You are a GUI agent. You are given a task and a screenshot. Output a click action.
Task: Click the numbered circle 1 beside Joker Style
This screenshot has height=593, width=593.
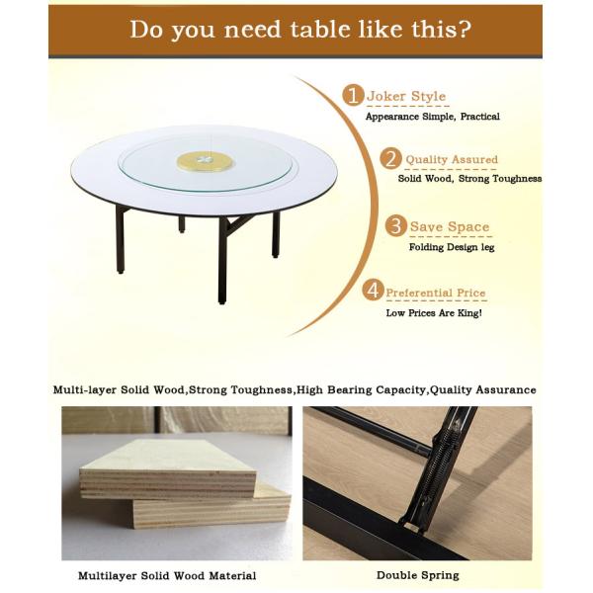coord(354,95)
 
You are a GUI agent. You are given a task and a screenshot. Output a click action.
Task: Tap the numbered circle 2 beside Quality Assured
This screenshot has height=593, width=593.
coord(392,159)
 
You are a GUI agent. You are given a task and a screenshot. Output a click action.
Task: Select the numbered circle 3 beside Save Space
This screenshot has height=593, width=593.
coord(396,226)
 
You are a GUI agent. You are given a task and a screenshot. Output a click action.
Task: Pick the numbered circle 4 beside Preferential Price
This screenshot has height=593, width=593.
coord(373,291)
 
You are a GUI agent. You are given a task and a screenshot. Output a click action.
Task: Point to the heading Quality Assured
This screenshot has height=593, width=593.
coord(451,160)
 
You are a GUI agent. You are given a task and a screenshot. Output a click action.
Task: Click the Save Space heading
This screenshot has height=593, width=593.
coord(450,227)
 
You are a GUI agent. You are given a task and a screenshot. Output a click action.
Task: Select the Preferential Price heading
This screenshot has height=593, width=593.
coord(435,293)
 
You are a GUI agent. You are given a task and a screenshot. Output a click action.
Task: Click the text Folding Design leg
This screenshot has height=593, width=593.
coord(451,247)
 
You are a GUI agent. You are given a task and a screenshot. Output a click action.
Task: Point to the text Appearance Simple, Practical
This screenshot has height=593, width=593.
coord(432,117)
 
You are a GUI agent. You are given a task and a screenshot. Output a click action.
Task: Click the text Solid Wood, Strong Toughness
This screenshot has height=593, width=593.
coord(469,179)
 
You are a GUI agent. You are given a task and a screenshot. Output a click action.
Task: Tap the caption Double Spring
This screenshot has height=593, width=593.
coord(417,574)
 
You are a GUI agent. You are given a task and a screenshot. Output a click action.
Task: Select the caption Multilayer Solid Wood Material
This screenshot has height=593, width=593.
coord(167,574)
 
